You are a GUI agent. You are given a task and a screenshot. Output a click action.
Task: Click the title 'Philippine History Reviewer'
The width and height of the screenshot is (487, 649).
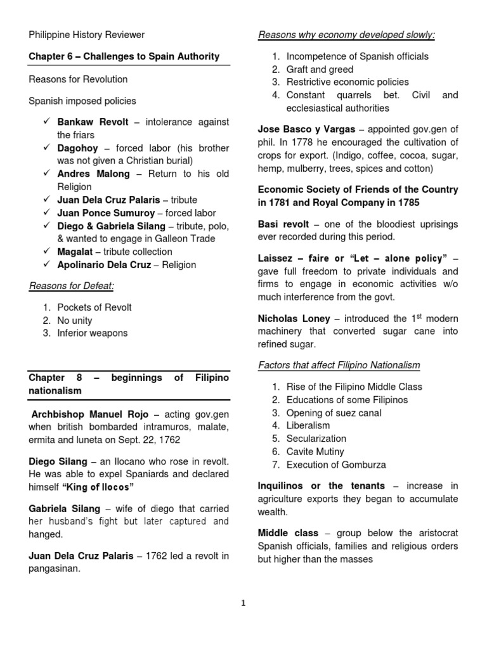pos(86,35)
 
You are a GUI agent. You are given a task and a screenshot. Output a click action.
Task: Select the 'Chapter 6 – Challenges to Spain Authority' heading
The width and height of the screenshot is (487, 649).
pos(124,56)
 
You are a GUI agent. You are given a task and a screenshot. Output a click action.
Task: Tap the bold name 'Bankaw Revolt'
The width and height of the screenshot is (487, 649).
pos(93,122)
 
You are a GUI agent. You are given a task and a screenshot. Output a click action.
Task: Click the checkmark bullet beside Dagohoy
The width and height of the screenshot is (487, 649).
pos(47,148)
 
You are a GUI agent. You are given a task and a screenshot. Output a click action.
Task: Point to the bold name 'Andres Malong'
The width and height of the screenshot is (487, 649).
pos(93,174)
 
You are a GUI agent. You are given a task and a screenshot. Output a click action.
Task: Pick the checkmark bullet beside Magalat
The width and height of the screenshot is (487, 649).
pos(47,252)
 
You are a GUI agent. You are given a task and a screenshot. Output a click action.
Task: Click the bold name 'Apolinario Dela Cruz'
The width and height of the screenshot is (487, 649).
pos(104,265)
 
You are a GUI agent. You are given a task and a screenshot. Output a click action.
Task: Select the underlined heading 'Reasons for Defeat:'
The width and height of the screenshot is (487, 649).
pos(71,286)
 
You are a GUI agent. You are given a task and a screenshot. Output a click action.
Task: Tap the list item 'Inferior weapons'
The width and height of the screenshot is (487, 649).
pos(92,333)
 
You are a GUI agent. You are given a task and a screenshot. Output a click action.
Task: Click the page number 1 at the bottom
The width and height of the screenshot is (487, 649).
pos(243,603)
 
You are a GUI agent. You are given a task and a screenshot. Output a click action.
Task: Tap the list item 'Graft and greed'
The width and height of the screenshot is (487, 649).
pos(320,69)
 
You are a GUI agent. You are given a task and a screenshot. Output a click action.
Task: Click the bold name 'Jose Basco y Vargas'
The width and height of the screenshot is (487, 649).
pos(306,129)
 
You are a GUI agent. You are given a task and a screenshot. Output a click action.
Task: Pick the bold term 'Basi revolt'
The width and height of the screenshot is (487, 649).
pos(283,224)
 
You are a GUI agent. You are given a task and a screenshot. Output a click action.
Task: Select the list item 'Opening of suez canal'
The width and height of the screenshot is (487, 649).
pos(334,413)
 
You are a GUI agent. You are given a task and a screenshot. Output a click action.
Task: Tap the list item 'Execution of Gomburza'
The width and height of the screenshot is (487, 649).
pos(336,465)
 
